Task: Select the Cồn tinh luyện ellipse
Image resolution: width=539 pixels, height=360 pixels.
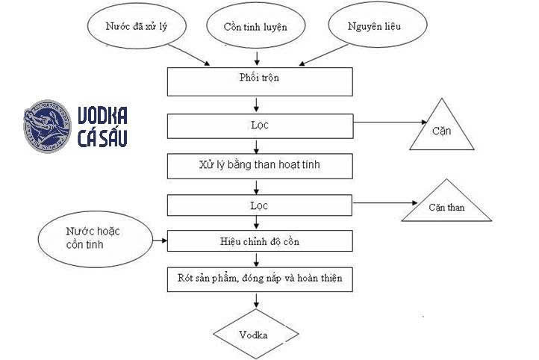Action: [x=255, y=27]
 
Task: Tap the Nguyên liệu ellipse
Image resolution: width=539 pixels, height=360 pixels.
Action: [x=375, y=26]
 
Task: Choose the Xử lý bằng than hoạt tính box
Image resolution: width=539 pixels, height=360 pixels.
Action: [x=259, y=165]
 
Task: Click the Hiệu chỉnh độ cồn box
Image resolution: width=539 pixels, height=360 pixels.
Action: [x=259, y=241]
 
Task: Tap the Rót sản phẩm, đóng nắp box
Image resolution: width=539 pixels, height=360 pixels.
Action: [x=259, y=279]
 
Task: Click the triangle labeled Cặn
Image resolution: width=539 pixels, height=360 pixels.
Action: [x=441, y=129]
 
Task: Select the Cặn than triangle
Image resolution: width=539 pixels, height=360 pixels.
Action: [x=446, y=204]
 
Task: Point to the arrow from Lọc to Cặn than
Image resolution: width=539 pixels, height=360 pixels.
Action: [x=381, y=202]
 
